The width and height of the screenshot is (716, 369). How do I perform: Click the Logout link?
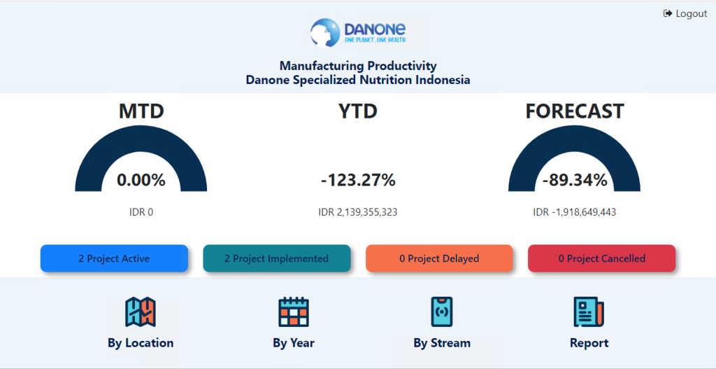tap(685, 14)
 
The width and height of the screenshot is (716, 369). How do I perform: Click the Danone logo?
tap(358, 32)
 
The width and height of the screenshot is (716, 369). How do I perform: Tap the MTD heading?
tap(141, 111)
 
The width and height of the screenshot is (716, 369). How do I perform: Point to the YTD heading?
tap(358, 111)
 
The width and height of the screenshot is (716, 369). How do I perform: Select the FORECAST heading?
tap(575, 111)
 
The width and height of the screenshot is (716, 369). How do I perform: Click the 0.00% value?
tap(141, 180)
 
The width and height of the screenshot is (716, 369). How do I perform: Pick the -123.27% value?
tap(358, 180)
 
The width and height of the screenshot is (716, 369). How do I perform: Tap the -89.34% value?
tap(575, 180)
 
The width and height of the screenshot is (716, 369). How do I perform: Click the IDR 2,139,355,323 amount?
tap(358, 212)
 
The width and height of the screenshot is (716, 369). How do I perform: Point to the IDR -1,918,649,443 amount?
tap(575, 212)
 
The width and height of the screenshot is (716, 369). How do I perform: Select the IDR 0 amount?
tap(141, 212)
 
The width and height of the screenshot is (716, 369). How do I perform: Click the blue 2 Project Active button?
tap(114, 258)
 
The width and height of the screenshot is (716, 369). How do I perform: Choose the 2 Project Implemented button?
tap(277, 258)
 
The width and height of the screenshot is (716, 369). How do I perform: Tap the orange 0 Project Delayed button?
tap(439, 258)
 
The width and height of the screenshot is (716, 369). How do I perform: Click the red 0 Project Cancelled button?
tap(602, 258)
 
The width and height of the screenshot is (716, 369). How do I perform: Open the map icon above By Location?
tap(141, 312)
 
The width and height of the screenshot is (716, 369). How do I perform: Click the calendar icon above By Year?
tap(294, 312)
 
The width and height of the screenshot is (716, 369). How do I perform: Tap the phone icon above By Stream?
tap(442, 312)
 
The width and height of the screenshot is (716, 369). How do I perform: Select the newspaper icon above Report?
tap(589, 312)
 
